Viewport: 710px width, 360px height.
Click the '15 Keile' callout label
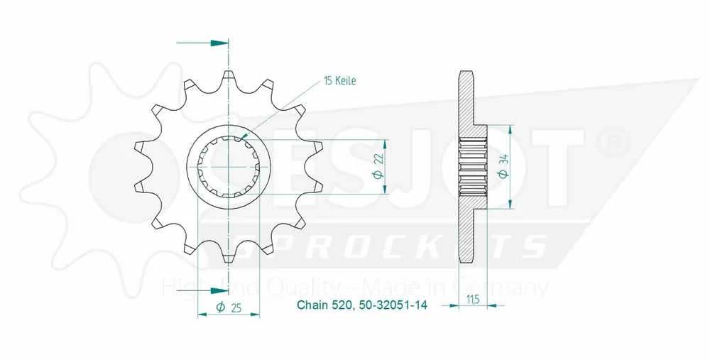tap(339, 81)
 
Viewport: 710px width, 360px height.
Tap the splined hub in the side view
tap(473, 167)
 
